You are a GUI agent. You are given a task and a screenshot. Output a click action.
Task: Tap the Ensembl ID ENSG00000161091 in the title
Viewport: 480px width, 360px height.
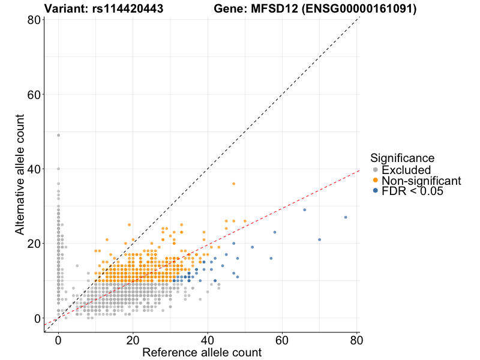[365, 9]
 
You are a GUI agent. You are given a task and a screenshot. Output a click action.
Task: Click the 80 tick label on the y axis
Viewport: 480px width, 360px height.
[34, 20]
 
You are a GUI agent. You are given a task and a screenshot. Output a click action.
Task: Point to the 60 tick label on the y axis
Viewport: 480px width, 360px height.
[34, 95]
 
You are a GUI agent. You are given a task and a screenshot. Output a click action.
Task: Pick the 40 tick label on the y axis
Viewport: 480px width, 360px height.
[34, 169]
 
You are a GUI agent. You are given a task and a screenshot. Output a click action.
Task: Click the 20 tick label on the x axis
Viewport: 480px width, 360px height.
[133, 340]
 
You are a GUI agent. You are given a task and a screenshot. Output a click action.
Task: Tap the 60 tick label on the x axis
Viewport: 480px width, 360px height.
[283, 340]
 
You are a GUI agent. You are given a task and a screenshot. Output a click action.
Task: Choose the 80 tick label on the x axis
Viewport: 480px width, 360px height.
[357, 340]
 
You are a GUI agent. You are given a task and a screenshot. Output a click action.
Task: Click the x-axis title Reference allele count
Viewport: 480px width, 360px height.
[202, 352]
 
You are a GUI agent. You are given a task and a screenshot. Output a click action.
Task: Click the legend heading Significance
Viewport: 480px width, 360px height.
[402, 158]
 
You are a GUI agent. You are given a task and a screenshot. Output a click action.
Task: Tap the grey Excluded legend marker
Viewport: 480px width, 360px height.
[376, 170]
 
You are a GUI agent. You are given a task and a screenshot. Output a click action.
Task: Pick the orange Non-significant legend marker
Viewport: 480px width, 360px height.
[376, 181]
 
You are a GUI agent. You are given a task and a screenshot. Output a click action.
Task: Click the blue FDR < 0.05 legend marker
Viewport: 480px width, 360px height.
[376, 191]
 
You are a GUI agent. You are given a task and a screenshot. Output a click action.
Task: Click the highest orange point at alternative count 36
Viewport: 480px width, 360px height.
[234, 184]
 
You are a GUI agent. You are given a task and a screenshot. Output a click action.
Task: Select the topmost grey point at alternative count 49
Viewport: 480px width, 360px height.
[58, 135]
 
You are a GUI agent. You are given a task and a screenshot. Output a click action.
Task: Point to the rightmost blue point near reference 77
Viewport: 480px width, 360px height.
[346, 217]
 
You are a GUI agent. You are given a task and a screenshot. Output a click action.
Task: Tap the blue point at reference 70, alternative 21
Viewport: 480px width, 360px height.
[320, 239]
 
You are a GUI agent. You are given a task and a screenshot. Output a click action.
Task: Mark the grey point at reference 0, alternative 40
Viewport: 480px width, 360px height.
[58, 169]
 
